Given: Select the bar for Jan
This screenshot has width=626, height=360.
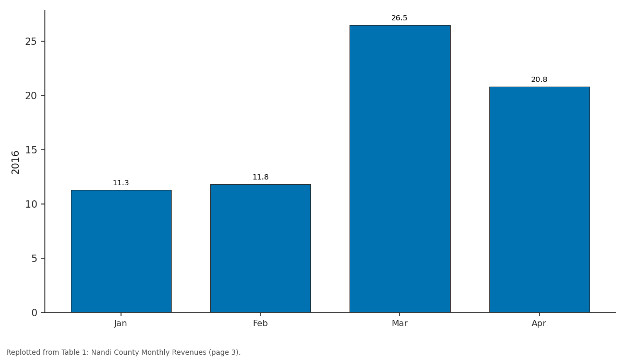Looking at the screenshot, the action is [x=121, y=251].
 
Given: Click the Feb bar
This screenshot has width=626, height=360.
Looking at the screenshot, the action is [x=260, y=248].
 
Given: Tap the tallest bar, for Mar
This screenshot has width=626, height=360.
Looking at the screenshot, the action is [x=400, y=169].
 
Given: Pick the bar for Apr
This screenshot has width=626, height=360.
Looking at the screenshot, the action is [x=539, y=199].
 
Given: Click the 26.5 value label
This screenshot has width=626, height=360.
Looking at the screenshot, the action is [x=400, y=18].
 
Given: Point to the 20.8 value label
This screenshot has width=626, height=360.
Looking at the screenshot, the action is [x=539, y=80].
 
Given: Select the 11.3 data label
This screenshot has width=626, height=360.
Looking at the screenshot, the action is [x=121, y=183].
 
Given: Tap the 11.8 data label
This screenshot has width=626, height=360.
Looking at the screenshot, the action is [x=260, y=177].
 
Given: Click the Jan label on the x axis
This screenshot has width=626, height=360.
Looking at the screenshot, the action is [x=121, y=323].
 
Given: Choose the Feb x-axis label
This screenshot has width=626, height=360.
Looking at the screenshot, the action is [x=260, y=323].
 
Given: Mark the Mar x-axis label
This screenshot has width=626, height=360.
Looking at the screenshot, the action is [x=400, y=323].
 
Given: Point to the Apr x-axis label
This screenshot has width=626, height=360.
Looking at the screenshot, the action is [x=539, y=323].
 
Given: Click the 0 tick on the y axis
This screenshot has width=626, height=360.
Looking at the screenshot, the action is [x=34, y=313].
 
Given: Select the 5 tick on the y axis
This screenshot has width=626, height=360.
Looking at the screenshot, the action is [x=34, y=259].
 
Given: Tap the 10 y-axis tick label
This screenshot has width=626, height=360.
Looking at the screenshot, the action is [x=31, y=205].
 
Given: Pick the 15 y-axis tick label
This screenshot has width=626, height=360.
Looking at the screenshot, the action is [x=31, y=150].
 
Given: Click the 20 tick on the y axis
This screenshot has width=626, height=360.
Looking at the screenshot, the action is [x=31, y=96].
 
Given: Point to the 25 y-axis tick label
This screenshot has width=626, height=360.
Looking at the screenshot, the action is [x=31, y=42].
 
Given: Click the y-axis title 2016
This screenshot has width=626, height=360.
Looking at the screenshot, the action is [x=15, y=162].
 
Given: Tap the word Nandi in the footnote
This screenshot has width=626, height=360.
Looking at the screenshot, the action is [x=100, y=352].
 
